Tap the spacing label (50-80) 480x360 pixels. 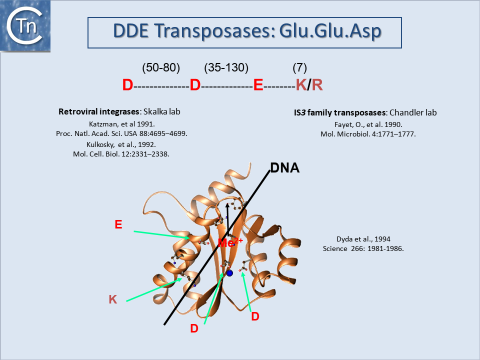[x=161, y=68]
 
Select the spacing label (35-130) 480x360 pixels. [x=226, y=68]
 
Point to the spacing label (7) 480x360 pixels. [x=299, y=68]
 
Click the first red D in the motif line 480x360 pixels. [x=127, y=85]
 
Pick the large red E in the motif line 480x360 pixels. [x=258, y=85]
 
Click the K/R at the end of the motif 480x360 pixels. [x=309, y=85]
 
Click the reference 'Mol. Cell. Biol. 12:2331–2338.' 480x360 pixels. [x=121, y=154]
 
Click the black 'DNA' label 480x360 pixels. [x=284, y=168]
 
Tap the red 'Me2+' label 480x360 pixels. [x=231, y=243]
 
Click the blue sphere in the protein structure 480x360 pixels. [x=229, y=273]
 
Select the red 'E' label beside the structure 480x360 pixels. [x=118, y=224]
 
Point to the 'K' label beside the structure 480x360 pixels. [x=113, y=299]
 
